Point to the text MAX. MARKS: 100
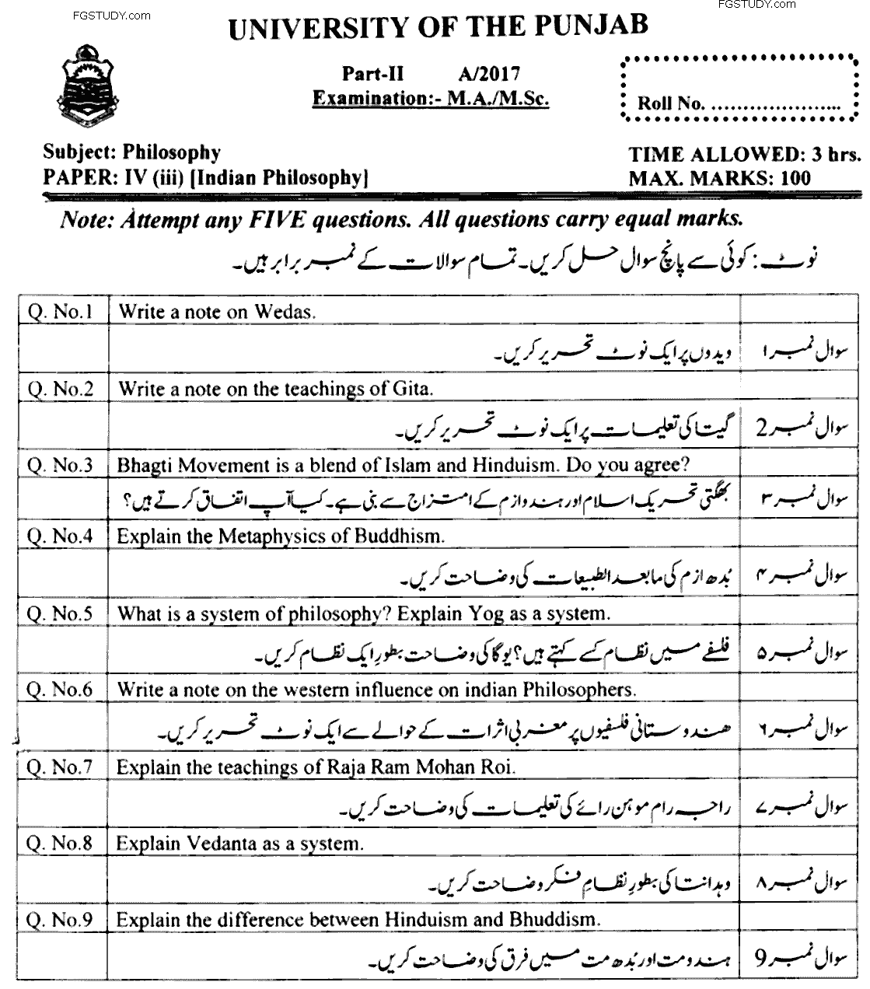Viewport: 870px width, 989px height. click(x=719, y=178)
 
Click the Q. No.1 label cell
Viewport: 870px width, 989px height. click(x=60, y=313)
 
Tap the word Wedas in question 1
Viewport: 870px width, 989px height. click(x=283, y=313)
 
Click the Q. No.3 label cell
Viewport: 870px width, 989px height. click(x=60, y=465)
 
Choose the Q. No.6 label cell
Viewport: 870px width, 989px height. click(x=60, y=689)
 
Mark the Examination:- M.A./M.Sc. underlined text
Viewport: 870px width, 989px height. click(x=430, y=99)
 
